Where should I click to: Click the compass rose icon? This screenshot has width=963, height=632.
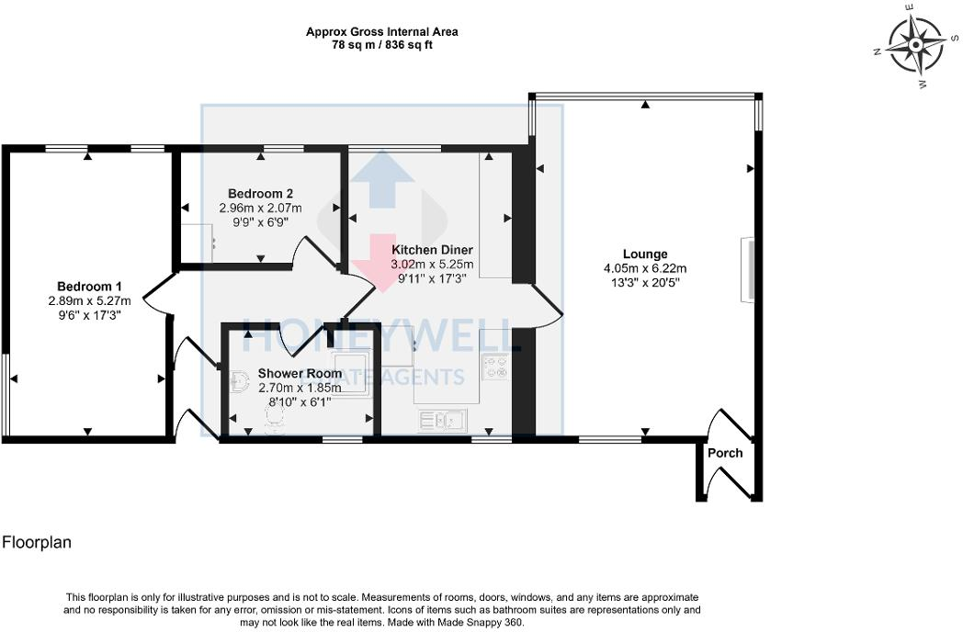click(x=916, y=45)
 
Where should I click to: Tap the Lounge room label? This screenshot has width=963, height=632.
click(x=644, y=254)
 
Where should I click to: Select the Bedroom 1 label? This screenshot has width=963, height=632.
click(x=89, y=287)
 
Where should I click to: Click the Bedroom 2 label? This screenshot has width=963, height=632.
click(x=261, y=194)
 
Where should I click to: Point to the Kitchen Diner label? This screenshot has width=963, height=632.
click(x=432, y=250)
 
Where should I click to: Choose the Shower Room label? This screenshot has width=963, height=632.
click(x=300, y=374)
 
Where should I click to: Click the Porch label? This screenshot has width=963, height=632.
click(x=725, y=453)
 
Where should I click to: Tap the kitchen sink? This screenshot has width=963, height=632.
click(x=444, y=421)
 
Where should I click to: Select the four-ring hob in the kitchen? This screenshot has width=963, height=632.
click(x=496, y=367)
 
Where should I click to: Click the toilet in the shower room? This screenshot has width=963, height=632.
click(x=273, y=418)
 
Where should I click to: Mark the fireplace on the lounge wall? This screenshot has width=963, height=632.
click(x=749, y=269)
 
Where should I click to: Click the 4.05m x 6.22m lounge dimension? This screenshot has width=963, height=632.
click(x=644, y=268)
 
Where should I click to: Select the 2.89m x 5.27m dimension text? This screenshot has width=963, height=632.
click(x=89, y=300)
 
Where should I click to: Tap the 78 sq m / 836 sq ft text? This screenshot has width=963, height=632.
click(x=381, y=45)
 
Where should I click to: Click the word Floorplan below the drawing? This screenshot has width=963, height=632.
click(x=37, y=543)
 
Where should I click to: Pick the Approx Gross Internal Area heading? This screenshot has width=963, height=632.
click(x=381, y=32)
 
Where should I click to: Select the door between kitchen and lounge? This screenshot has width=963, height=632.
click(x=546, y=305)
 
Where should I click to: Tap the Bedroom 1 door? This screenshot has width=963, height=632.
click(x=156, y=294)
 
